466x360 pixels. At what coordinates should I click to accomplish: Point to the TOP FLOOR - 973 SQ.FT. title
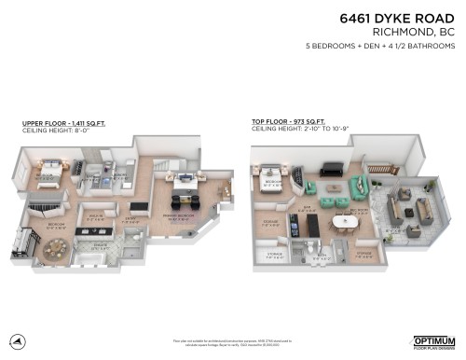(288, 122)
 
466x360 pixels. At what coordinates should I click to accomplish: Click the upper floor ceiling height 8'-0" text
(55, 129)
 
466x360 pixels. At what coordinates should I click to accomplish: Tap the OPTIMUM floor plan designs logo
(432, 341)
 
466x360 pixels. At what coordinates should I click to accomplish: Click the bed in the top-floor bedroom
(273, 173)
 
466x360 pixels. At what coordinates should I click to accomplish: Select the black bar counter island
(139, 207)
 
